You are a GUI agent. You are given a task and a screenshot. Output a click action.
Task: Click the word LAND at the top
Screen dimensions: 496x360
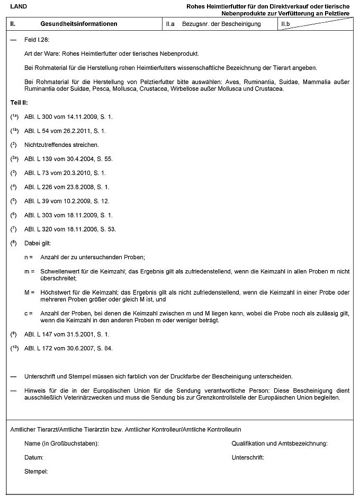pyautogui.click(x=19, y=6)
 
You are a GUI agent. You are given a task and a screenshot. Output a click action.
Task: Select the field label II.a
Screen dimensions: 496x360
pyautogui.click(x=170, y=24)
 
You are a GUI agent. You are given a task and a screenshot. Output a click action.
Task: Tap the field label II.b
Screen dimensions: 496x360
pyautogui.click(x=285, y=24)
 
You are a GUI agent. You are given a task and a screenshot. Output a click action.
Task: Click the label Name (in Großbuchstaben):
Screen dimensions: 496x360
pyautogui.click(x=61, y=443)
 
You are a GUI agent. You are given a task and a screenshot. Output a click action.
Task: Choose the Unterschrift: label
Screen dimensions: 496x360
pyautogui.click(x=248, y=457)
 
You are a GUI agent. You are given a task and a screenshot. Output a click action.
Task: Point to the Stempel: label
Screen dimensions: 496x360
pyautogui.click(x=36, y=471)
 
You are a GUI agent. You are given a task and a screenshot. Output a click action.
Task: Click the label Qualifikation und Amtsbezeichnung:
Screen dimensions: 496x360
pyautogui.click(x=280, y=443)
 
